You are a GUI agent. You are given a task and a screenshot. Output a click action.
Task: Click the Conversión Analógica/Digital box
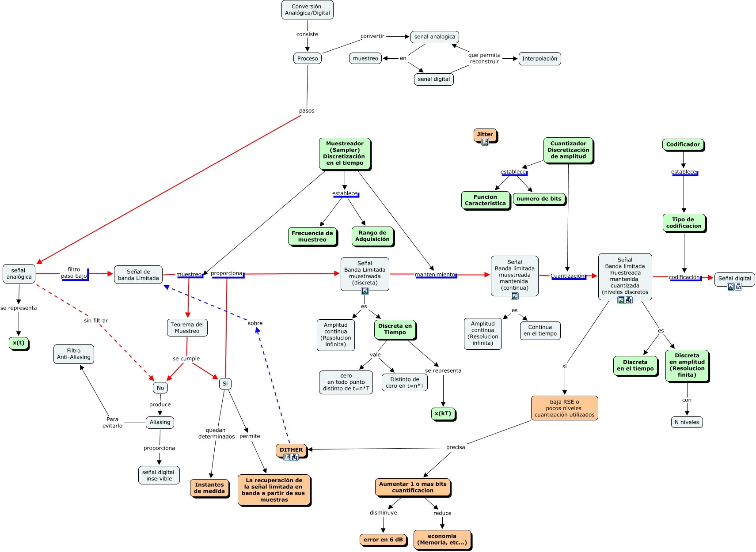click(x=307, y=10)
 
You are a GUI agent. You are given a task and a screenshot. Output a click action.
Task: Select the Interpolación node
click(x=539, y=58)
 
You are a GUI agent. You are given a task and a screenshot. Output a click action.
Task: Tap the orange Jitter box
click(x=485, y=134)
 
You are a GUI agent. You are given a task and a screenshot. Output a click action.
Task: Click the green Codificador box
click(x=683, y=144)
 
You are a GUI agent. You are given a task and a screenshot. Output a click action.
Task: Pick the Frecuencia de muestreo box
click(x=312, y=236)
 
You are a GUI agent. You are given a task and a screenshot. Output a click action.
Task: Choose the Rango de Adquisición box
click(x=372, y=236)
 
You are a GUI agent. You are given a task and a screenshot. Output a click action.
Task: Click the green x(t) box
click(x=19, y=343)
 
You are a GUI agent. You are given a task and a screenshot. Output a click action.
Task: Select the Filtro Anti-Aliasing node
click(x=73, y=354)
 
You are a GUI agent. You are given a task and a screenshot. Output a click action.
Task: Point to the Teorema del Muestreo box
click(x=187, y=328)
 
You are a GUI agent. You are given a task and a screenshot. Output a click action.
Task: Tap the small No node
click(x=160, y=388)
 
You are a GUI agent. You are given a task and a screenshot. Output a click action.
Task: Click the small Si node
click(x=225, y=383)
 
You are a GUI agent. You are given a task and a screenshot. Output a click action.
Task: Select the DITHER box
click(x=291, y=450)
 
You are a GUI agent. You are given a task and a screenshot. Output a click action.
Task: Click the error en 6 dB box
click(x=383, y=539)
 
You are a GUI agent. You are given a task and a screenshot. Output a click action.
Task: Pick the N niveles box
click(x=686, y=422)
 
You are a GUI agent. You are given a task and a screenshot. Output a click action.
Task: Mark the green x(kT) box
click(x=443, y=413)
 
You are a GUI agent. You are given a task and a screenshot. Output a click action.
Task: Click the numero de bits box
click(x=539, y=199)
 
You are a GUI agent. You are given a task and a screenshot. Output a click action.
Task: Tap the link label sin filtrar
click(x=96, y=321)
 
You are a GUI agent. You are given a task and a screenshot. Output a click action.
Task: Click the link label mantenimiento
click(x=435, y=275)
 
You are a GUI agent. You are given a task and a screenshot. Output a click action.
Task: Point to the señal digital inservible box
click(x=159, y=475)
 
